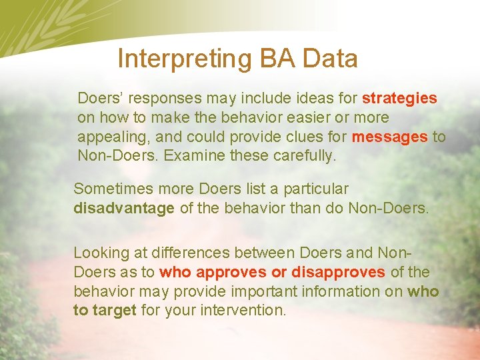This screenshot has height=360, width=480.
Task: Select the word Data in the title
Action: tap(330, 59)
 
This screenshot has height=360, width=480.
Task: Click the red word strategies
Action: tap(399, 99)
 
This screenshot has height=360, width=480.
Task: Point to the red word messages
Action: tap(390, 137)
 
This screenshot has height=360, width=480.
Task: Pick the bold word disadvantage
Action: tap(124, 208)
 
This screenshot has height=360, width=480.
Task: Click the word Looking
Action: tap(100, 253)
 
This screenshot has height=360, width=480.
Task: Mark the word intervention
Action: tap(247, 311)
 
